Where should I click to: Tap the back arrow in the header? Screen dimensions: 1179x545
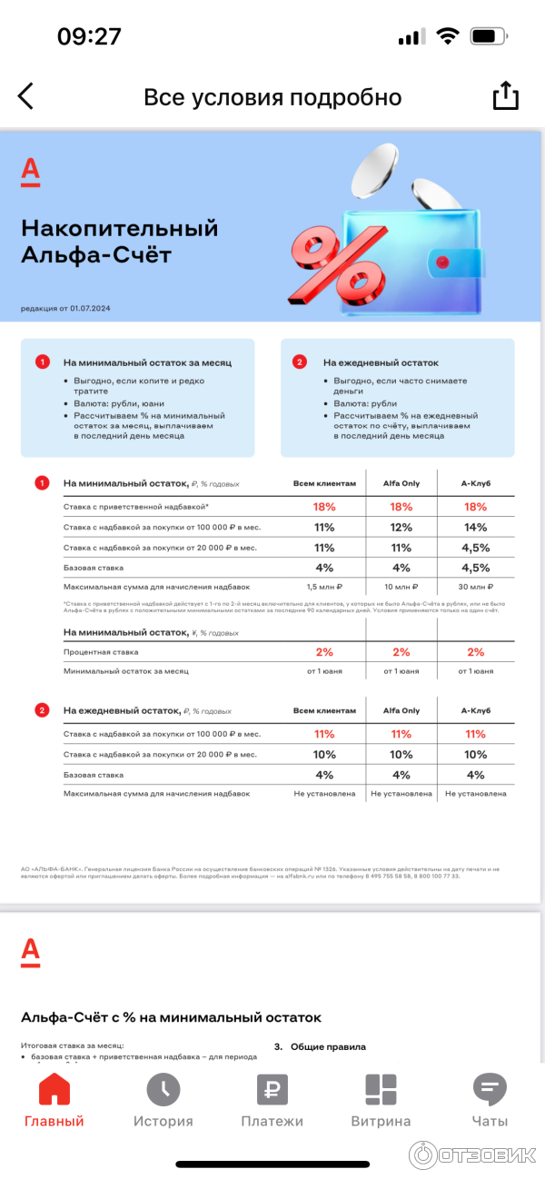[x=26, y=96]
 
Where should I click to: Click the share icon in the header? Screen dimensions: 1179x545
[x=505, y=96]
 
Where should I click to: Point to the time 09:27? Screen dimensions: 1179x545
[x=89, y=36]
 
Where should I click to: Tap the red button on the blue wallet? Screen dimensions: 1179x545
[x=443, y=263]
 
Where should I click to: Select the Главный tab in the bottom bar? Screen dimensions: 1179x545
[x=54, y=1100]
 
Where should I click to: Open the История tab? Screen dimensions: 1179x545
[x=163, y=1100]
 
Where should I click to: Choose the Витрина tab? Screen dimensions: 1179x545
[x=381, y=1100]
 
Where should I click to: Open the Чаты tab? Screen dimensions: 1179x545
[x=490, y=1100]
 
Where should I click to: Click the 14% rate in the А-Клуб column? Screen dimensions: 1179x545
[x=476, y=527]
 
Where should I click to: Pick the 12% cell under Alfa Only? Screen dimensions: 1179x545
[x=401, y=527]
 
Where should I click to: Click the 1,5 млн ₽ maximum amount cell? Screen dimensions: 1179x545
[x=324, y=587]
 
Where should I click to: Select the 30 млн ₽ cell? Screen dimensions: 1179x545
[x=476, y=587]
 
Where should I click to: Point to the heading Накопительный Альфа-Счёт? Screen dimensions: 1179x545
[x=120, y=241]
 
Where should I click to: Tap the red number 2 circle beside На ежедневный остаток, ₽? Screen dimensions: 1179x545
[x=42, y=710]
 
